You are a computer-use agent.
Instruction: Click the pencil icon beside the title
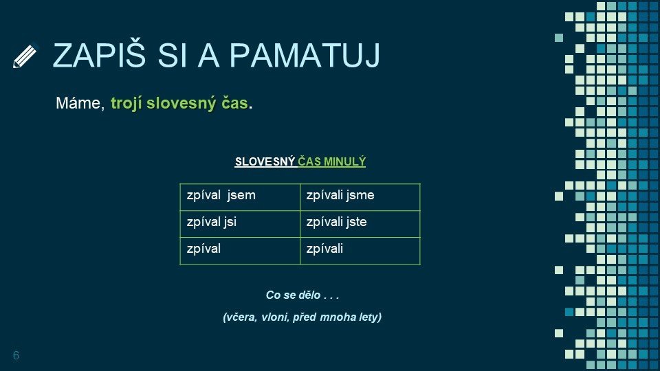tap(25, 56)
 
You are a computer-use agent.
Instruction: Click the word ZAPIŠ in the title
tap(99, 55)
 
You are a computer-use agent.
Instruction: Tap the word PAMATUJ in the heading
tap(305, 56)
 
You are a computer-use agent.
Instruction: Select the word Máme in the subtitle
tap(80, 103)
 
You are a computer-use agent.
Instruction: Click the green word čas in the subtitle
tap(235, 103)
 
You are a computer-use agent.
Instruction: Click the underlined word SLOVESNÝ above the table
tap(265, 161)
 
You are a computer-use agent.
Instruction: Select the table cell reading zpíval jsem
tap(240, 197)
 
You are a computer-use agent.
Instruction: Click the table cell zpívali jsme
tap(360, 197)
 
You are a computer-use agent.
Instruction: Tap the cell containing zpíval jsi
tap(240, 224)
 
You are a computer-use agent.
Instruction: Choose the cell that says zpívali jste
tap(360, 224)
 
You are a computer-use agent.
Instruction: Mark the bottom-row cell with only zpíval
tap(240, 251)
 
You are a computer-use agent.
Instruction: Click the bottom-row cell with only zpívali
tap(360, 251)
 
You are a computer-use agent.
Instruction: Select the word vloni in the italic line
tap(274, 317)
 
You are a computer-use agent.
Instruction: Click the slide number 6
tap(16, 355)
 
